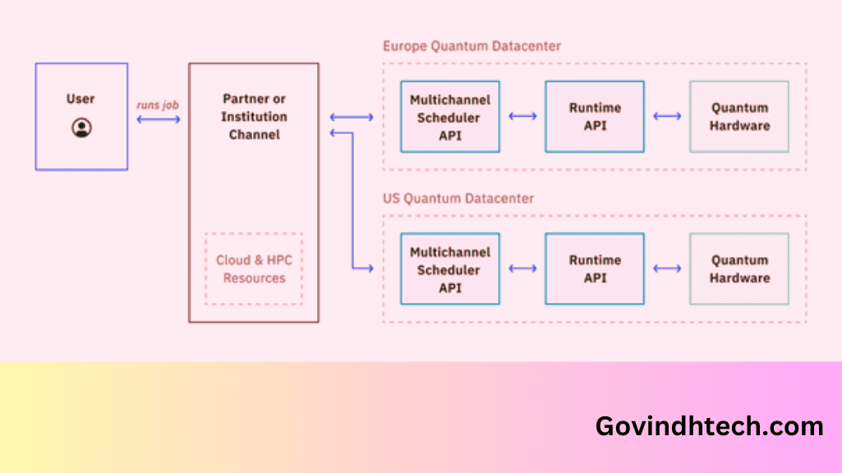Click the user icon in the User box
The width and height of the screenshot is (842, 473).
81,127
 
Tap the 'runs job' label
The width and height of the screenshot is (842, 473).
158,105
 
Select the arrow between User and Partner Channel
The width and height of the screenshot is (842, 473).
159,120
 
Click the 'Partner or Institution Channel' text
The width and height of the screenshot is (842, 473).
254,117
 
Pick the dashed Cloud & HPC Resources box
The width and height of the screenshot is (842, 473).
254,269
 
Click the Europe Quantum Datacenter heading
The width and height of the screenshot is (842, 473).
472,46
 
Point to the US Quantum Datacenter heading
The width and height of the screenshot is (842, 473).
458,199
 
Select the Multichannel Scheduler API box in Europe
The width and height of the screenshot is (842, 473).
450,117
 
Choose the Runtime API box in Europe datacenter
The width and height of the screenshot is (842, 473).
595,117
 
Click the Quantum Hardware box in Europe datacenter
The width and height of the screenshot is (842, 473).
739,117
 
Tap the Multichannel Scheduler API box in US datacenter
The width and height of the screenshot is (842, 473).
450,269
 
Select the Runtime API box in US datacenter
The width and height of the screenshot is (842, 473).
595,269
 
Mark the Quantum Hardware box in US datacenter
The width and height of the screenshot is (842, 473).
739,269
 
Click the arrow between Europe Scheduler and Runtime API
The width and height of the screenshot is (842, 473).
522,117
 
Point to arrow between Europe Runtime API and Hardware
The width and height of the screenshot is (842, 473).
667,117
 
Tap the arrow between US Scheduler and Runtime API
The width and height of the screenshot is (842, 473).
522,269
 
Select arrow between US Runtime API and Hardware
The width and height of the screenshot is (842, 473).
667,269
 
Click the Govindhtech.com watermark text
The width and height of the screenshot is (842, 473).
709,426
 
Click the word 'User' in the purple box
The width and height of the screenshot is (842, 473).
81,99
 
